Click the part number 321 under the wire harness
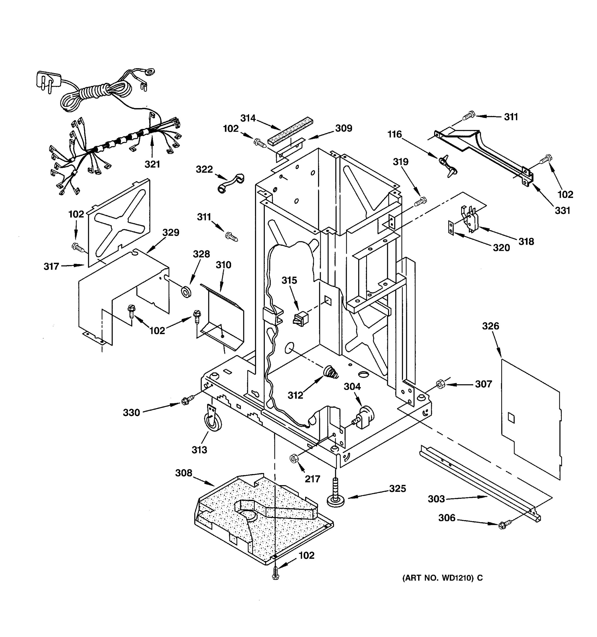click(152, 164)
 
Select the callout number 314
click(248, 118)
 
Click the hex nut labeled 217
click(293, 459)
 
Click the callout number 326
click(490, 326)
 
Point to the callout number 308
click(184, 473)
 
